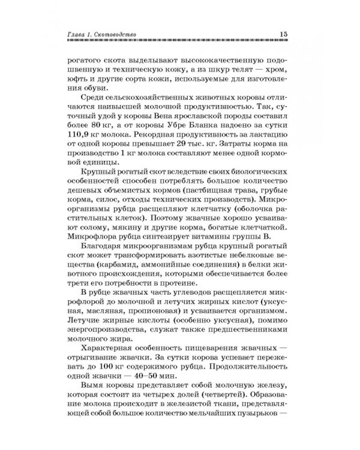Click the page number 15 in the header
point(284,35)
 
